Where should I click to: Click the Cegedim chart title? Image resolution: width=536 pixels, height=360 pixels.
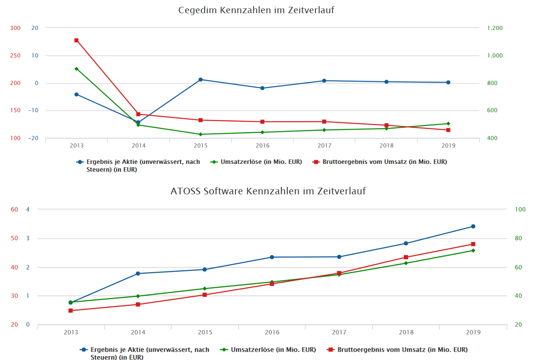(x=256, y=10)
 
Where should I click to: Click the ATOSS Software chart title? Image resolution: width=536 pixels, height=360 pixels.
(x=268, y=191)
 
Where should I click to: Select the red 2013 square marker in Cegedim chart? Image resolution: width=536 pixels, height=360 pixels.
(x=76, y=41)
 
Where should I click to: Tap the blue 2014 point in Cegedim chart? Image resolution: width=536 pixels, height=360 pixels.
(x=138, y=122)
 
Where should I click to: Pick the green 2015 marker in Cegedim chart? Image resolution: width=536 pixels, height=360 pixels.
(x=201, y=134)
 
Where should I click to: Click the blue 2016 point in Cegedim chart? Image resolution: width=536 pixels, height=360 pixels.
(x=262, y=88)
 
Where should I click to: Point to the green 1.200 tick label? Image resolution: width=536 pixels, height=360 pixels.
(x=495, y=28)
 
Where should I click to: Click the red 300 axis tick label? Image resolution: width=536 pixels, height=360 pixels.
(x=15, y=28)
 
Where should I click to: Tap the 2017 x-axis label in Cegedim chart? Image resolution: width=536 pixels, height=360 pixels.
(x=324, y=145)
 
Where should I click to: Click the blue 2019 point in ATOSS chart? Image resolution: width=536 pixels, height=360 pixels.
(x=473, y=226)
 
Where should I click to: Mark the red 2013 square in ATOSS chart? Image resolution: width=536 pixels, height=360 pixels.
(x=71, y=311)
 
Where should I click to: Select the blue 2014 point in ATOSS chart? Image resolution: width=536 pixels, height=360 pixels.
(x=138, y=274)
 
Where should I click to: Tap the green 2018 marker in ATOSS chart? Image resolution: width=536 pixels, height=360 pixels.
(x=406, y=263)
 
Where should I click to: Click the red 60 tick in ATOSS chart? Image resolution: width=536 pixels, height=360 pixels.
(x=14, y=210)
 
